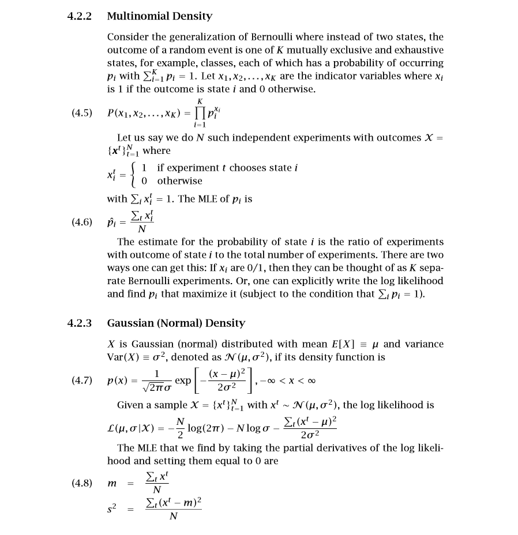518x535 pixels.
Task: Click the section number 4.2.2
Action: click(80, 16)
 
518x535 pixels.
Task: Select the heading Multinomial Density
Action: click(160, 16)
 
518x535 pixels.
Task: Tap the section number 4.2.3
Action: click(80, 323)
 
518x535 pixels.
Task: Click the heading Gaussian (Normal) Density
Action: click(176, 323)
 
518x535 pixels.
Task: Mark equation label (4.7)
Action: click(82, 381)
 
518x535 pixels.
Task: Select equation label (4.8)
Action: click(82, 483)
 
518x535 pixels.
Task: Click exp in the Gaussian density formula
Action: click(183, 381)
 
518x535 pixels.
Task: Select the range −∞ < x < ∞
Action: click(288, 381)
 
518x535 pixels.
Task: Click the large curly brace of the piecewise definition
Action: click(134, 174)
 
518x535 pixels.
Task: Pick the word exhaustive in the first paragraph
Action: click(416, 50)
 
